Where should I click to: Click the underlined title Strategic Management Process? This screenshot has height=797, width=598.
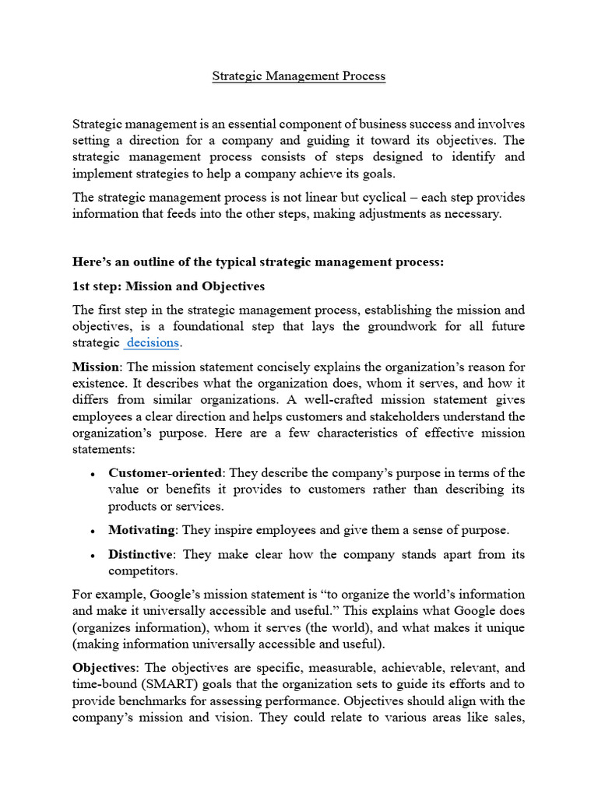299,76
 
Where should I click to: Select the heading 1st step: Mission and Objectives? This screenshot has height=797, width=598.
168,286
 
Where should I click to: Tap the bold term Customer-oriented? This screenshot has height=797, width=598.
165,472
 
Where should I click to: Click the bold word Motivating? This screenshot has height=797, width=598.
142,530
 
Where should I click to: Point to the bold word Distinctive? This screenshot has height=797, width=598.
141,554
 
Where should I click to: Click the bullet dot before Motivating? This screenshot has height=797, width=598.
93,531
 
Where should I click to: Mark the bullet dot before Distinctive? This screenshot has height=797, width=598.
93,555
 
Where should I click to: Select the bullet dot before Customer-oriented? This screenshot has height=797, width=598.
93,473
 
